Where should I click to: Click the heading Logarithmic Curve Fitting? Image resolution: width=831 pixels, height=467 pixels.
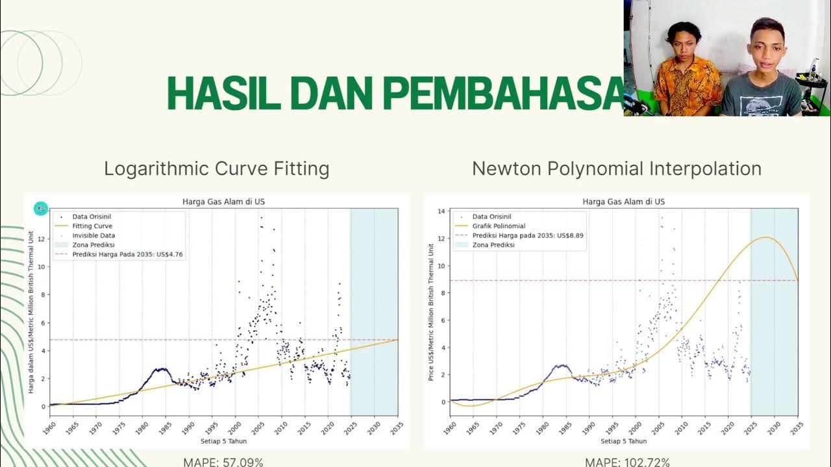[217, 169]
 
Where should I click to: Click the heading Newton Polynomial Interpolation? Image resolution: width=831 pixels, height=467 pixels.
[616, 169]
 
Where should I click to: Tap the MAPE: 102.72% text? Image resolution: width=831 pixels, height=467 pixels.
[627, 462]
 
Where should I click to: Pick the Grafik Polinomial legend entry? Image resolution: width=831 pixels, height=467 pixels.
[499, 226]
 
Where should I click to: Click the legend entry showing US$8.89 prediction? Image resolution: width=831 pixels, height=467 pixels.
[528, 235]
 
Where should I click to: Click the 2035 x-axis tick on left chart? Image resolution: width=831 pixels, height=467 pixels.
[397, 428]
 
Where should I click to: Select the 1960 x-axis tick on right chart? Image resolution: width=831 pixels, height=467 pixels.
[451, 428]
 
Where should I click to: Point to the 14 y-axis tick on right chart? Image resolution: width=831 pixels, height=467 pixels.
[441, 211]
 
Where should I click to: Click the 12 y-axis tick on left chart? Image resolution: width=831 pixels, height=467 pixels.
[43, 239]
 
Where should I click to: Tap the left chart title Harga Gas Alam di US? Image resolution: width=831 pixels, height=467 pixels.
[223, 202]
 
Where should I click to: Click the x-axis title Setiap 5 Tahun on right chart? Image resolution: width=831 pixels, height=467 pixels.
[623, 441]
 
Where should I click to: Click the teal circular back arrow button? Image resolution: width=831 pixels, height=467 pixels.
[41, 208]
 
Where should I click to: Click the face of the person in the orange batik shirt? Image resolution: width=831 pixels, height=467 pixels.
[680, 43]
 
